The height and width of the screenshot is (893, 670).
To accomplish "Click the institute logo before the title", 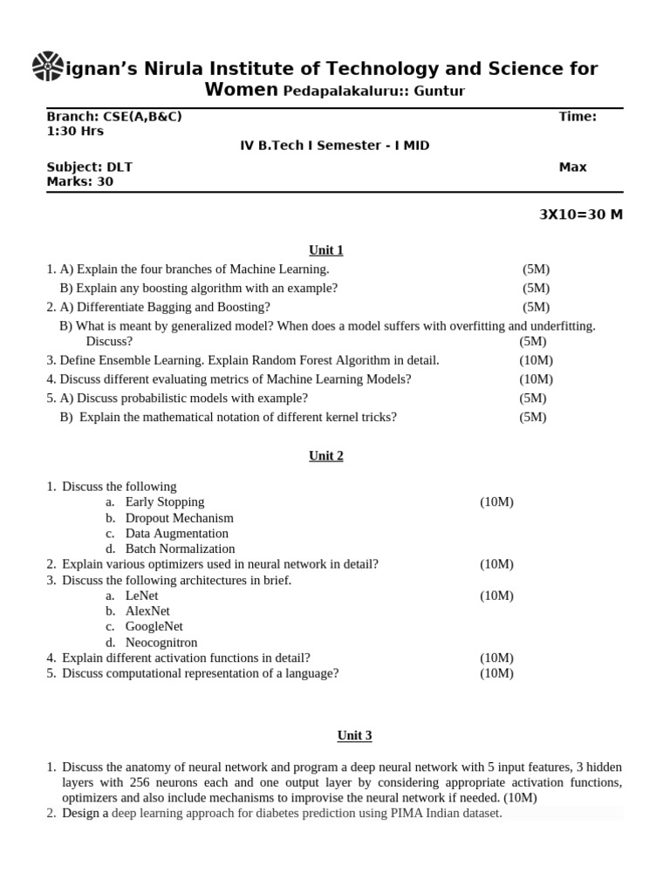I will [47, 66].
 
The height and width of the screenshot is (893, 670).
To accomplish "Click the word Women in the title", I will [242, 91].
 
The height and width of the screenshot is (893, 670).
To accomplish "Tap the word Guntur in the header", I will [440, 92].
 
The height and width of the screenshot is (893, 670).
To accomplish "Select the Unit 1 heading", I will [326, 250].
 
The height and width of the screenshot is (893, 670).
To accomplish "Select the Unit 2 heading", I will [326, 456].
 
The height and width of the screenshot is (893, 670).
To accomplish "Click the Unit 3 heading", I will [354, 736].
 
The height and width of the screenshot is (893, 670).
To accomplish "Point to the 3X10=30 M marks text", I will [581, 215].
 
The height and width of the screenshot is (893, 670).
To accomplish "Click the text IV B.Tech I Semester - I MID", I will [334, 146].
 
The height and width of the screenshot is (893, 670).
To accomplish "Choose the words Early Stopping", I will [165, 502].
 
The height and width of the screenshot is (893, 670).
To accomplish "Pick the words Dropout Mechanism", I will [179, 518].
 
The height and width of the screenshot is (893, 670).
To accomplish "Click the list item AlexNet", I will [147, 611].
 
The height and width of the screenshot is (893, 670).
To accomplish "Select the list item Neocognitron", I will [161, 643].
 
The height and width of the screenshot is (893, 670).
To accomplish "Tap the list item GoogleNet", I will [154, 627].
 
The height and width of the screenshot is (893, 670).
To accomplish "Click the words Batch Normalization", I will [180, 549].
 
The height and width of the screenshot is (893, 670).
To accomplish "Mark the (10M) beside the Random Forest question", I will [536, 360].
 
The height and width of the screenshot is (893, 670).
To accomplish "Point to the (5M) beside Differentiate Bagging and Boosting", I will [536, 307].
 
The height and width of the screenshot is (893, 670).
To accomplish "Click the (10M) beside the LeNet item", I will [496, 596].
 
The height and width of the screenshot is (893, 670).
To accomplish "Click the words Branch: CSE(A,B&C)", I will [113, 117].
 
